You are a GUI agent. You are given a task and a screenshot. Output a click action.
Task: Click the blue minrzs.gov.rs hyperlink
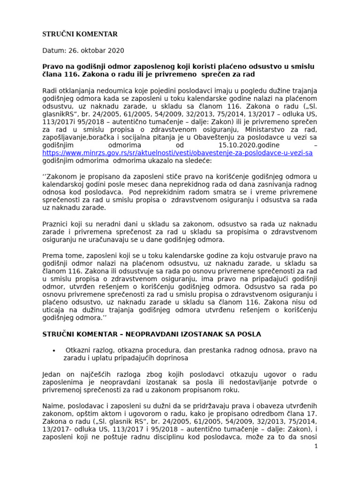coord(177,153)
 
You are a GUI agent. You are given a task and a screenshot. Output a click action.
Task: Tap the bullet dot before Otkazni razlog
coord(55,351)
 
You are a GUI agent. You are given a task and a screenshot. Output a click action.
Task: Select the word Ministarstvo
coord(248,129)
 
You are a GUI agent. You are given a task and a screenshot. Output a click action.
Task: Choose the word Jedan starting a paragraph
coord(52,374)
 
